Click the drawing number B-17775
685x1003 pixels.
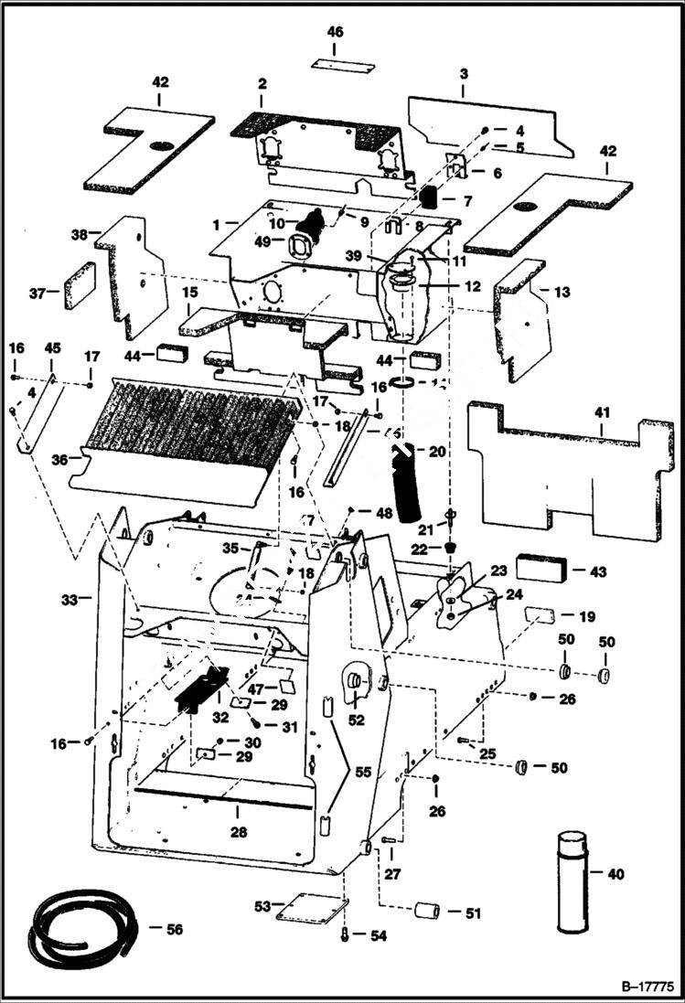point(646,987)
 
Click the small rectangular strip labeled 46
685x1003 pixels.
point(342,67)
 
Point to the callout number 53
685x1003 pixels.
point(262,906)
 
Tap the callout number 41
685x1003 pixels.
point(602,414)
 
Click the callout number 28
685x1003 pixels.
point(239,833)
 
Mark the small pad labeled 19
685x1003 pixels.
point(541,617)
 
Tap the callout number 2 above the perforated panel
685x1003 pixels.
point(262,83)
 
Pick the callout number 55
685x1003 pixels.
point(364,773)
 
